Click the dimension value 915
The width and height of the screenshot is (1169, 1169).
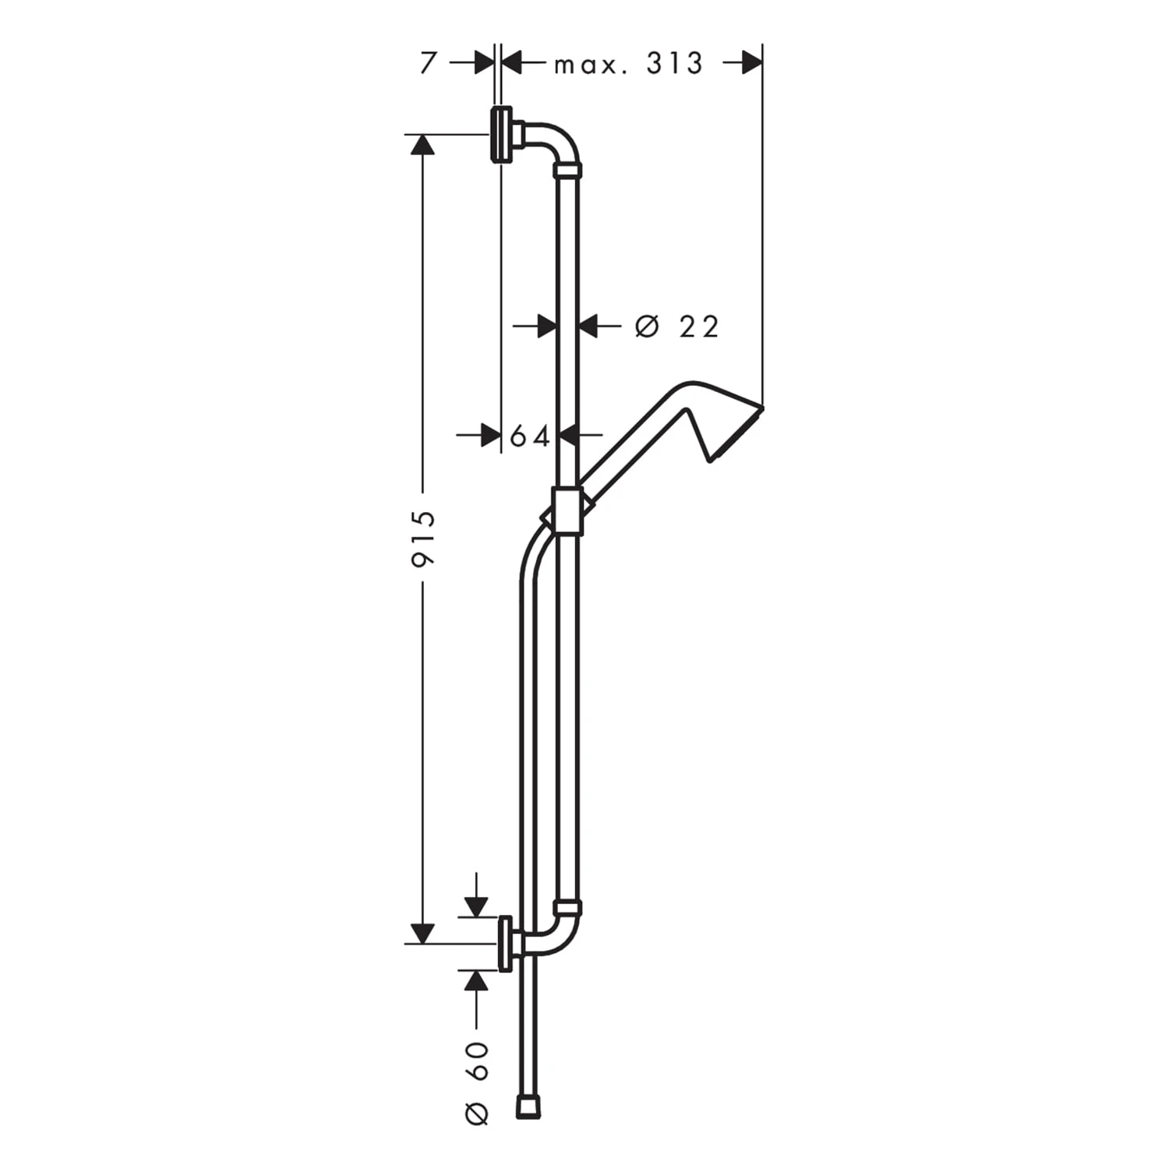point(425,538)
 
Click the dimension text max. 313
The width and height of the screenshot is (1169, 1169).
point(628,64)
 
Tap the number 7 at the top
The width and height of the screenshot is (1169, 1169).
point(427,63)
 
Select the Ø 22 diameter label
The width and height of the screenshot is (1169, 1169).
point(676,327)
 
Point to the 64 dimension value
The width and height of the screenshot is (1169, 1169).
point(530,436)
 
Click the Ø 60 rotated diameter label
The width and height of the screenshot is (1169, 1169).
point(477,1082)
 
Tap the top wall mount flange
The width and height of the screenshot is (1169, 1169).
point(501,134)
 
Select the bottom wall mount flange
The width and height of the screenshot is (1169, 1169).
point(506,944)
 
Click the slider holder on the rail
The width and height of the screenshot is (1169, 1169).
point(567,511)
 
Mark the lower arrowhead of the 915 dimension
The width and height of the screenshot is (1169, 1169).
point(422,932)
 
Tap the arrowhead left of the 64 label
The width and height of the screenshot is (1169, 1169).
point(490,436)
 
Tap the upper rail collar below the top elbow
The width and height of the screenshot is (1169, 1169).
point(567,170)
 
